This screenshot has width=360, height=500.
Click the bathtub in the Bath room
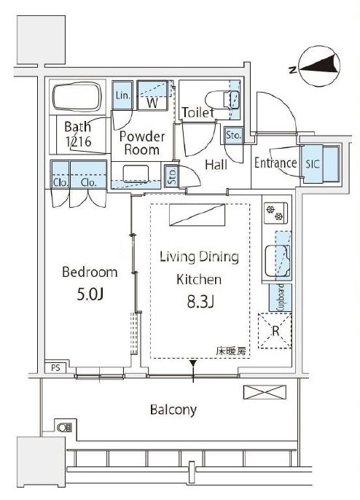(x=77, y=97)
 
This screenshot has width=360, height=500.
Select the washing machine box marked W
(x=152, y=95)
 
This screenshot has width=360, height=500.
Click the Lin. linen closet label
(x=122, y=95)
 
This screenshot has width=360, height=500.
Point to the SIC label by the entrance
(x=312, y=164)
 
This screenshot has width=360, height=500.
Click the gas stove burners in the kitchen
(x=275, y=213)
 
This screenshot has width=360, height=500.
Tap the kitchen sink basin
(x=277, y=260)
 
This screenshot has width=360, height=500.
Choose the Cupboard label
(x=281, y=297)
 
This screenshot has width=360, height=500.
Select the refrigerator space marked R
(x=275, y=331)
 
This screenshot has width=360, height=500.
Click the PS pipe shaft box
(x=55, y=367)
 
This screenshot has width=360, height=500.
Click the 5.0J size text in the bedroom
(x=90, y=295)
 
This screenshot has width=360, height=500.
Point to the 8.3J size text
(x=200, y=301)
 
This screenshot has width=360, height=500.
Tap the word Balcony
(x=173, y=410)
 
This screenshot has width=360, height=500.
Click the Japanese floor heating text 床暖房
(x=231, y=351)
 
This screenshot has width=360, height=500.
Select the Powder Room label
(x=142, y=143)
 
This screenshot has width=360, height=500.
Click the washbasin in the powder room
(x=136, y=173)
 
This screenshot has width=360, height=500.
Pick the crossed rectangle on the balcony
(x=265, y=392)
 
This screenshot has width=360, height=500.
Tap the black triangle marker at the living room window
(x=193, y=363)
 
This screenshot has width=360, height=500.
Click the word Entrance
(x=275, y=163)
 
